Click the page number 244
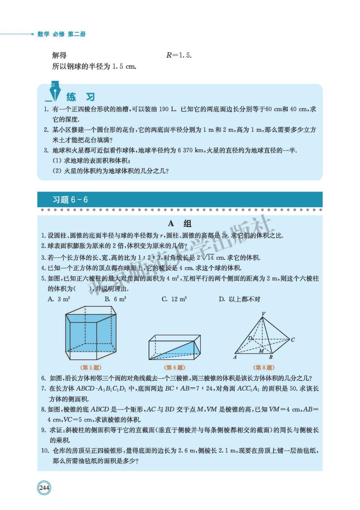tap(44, 488)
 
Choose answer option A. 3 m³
tap(61, 299)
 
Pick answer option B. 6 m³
tap(115, 299)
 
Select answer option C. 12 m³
tap(174, 299)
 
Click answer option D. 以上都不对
tap(239, 299)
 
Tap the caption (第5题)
tap(89, 367)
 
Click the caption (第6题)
tap(174, 367)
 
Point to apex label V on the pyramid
tap(264, 314)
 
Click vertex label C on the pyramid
tap(293, 339)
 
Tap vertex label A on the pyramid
tap(235, 357)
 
